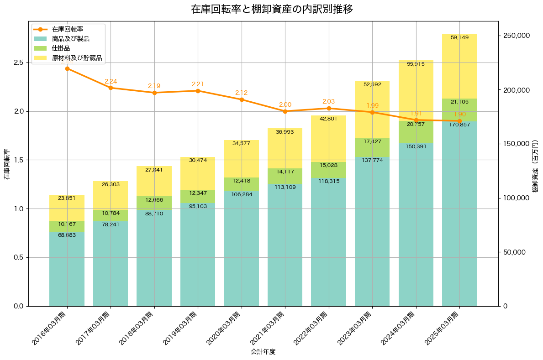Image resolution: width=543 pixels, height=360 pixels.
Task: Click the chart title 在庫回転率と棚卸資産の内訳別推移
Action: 271,9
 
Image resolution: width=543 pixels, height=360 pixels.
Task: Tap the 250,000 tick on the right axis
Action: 516,36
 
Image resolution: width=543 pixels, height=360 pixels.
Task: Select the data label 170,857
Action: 459,125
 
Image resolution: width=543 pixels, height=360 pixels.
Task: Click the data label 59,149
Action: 459,37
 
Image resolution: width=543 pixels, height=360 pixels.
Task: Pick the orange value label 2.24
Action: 111,81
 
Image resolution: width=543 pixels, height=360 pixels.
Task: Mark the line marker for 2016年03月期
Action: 67,68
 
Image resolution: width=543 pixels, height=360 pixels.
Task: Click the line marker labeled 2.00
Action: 285,111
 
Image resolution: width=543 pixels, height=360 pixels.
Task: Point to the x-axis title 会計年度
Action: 263,352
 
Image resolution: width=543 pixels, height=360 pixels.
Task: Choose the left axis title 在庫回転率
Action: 6,164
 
